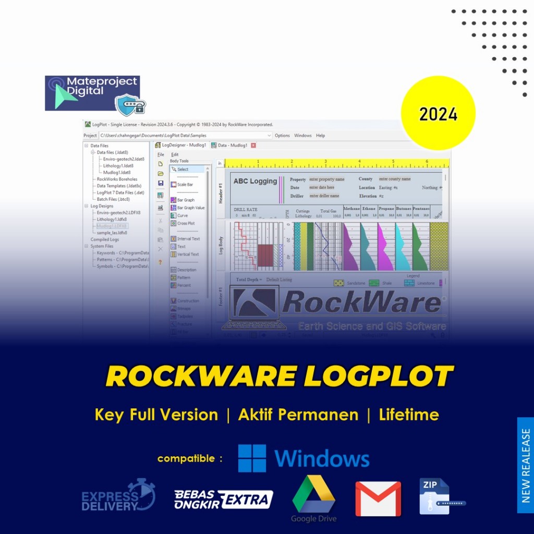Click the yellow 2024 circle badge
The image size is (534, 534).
[x=438, y=113]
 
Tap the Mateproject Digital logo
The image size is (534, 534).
[x=92, y=93]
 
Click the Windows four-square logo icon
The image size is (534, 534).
[x=252, y=458]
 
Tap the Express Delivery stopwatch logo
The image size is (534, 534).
[x=119, y=495]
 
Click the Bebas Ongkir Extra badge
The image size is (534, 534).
[x=224, y=499]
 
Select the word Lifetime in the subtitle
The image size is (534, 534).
[x=409, y=415]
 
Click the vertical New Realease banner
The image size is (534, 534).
[x=526, y=465]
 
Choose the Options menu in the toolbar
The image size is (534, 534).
[x=282, y=136]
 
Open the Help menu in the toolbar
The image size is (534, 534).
[x=321, y=136]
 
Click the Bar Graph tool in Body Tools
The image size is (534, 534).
[x=186, y=200]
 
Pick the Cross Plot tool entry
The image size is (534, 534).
[x=186, y=223]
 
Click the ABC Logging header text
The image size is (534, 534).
[x=255, y=181]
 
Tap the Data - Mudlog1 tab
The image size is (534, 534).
[x=230, y=145]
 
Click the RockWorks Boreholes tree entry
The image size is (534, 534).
[x=117, y=179]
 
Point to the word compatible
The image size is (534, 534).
[x=186, y=459]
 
